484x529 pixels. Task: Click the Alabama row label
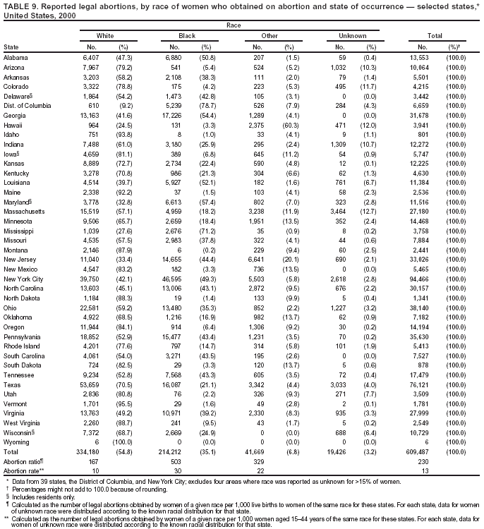point(16,56)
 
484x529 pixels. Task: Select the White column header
point(104,35)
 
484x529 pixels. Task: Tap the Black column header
point(187,35)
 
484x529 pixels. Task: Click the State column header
point(11,46)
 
